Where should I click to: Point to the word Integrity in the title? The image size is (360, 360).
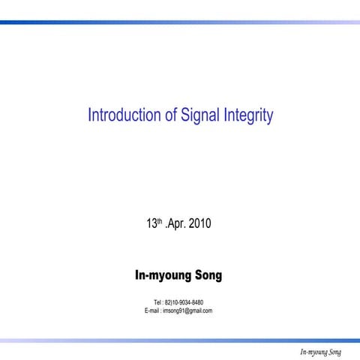[247, 116]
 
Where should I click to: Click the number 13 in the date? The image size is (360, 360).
[151, 223]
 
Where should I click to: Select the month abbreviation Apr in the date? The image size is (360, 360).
[176, 223]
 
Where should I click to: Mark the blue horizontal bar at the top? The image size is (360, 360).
[180, 22]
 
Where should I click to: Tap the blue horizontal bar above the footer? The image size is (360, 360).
[180, 340]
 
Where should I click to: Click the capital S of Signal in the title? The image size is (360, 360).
[183, 115]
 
